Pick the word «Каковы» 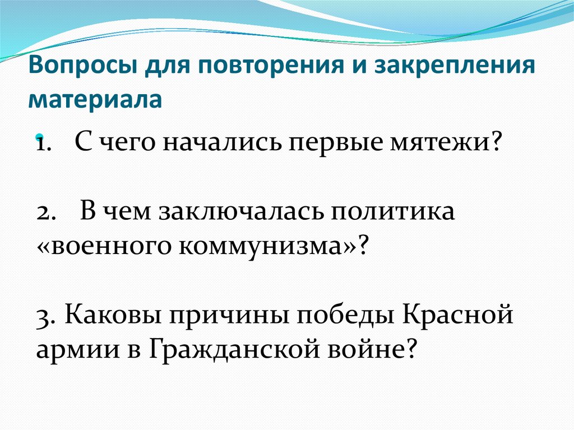[107, 316]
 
